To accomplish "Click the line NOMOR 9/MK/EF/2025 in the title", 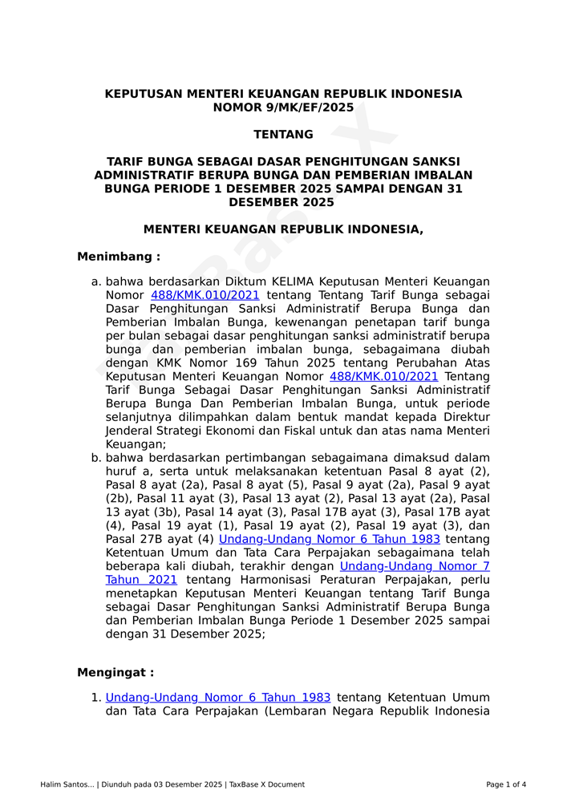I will pos(283,107).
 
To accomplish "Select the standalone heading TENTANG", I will pos(283,135).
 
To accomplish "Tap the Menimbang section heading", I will pos(119,257).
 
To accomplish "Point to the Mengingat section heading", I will pos(115,672).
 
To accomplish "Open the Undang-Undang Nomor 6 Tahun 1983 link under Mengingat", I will pos(218,698).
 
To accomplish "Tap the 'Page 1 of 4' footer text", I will pos(506,784).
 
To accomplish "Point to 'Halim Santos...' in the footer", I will pos(67,784).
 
